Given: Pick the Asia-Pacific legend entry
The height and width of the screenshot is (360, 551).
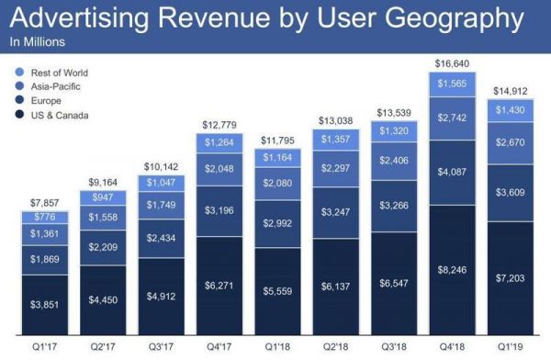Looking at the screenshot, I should coord(56,86).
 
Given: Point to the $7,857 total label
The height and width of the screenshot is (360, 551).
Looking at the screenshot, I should coord(46,202).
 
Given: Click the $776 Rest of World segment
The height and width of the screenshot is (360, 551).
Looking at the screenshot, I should coord(46,217).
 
